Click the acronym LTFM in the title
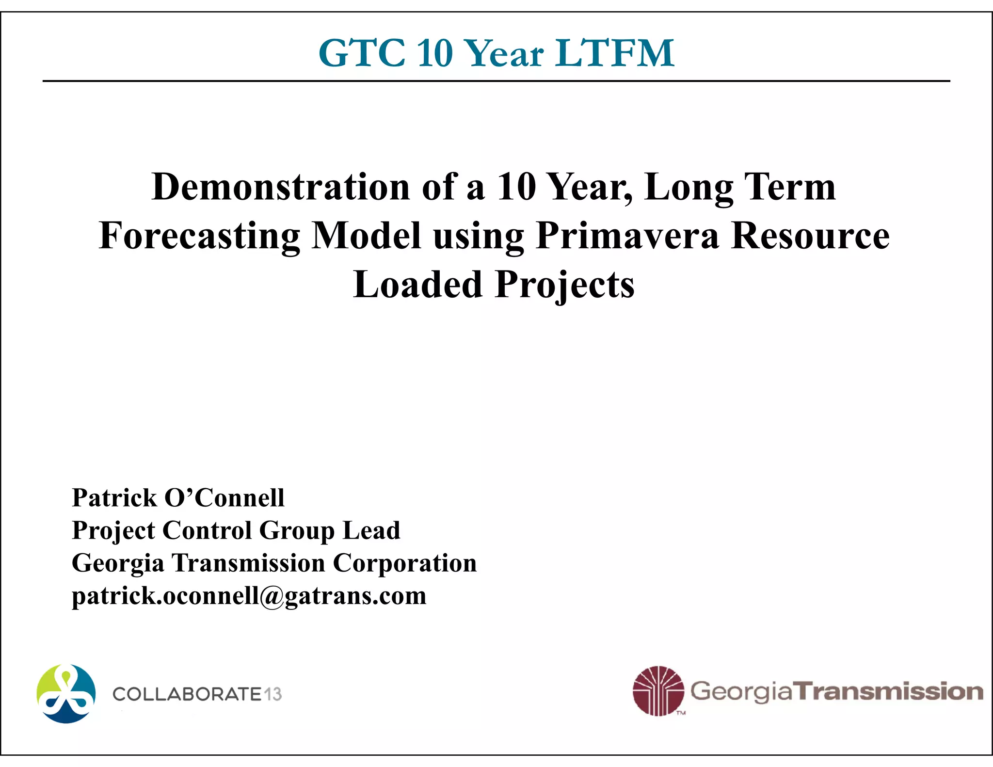(x=615, y=53)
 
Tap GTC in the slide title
(x=362, y=53)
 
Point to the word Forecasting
(x=199, y=236)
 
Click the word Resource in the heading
(x=810, y=236)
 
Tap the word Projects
(x=565, y=285)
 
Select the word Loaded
(x=417, y=285)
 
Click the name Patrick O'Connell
(x=178, y=498)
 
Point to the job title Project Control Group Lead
(x=236, y=530)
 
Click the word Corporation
(x=405, y=563)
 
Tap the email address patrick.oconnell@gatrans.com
(x=249, y=596)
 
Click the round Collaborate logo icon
(x=66, y=694)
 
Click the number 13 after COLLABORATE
(x=273, y=694)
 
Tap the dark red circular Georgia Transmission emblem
(x=658, y=691)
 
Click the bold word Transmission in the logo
(x=890, y=691)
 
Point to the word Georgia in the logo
(x=742, y=692)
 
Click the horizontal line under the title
(x=496, y=81)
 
